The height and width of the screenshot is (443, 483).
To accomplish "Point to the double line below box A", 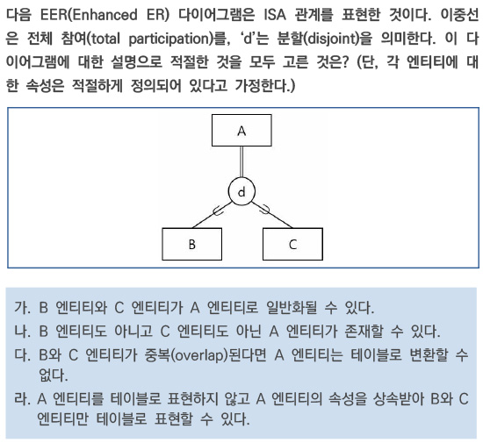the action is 241,161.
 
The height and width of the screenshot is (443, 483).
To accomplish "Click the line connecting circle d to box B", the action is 212,215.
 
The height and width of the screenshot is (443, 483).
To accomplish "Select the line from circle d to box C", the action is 271,215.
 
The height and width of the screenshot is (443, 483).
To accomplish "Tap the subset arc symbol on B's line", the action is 218,211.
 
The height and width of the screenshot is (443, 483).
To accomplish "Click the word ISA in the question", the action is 275,14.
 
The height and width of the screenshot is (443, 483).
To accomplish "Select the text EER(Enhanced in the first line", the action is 89,15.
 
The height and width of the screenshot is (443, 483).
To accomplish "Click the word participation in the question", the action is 169,39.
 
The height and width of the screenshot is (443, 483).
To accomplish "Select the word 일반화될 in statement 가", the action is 292,307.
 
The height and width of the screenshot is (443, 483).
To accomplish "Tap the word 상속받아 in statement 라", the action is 397,398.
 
